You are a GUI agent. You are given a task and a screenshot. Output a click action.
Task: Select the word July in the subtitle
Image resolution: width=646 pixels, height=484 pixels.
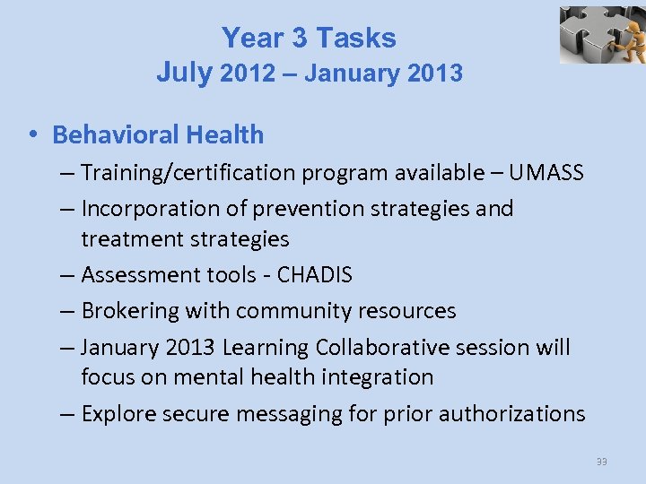click(x=184, y=73)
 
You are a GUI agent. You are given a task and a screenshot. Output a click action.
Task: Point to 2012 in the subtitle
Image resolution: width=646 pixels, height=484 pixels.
click(x=247, y=73)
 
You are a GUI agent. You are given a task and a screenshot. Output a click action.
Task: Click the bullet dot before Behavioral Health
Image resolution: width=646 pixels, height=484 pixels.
click(x=31, y=135)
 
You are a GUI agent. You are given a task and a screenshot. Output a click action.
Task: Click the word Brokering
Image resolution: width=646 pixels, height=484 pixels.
click(x=129, y=311)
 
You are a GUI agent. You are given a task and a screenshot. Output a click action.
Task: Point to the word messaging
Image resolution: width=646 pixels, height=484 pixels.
click(x=291, y=414)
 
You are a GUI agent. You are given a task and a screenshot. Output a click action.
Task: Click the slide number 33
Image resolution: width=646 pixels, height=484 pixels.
click(x=601, y=462)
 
